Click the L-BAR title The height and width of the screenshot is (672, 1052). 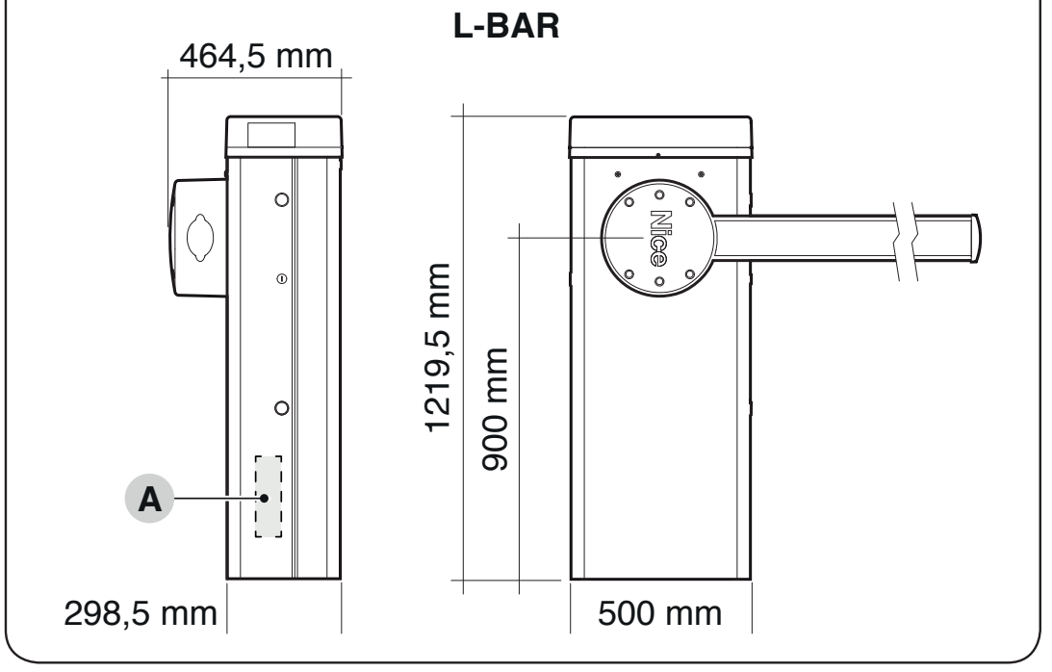point(506,26)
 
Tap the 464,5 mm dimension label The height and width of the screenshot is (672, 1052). point(256,57)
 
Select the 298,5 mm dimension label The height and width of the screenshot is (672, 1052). point(141,613)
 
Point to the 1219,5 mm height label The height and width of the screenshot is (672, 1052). point(437,348)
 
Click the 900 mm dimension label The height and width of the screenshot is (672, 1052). point(495,409)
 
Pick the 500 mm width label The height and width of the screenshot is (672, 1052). point(659,613)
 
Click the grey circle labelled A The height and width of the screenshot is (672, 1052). point(149,498)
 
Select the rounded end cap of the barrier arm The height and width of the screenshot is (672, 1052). point(976,239)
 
